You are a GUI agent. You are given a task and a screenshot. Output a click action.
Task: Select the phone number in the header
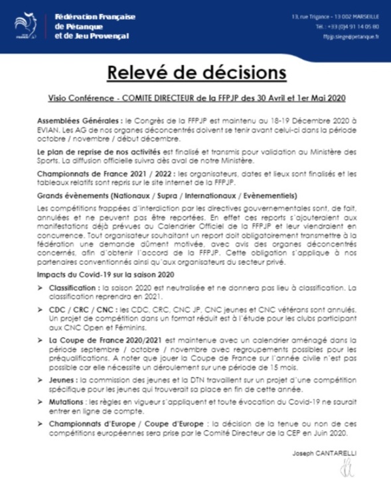pos(348,26)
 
